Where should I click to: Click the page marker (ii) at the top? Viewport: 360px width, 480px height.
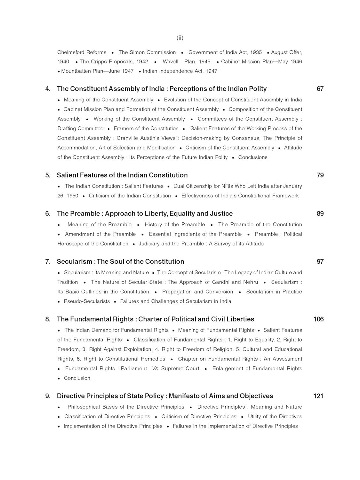(180, 38)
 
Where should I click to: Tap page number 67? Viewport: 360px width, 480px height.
(320, 89)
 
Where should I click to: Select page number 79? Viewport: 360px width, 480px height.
(320, 175)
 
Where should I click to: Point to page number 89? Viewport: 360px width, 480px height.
(320, 213)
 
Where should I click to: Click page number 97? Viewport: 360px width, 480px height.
(320, 261)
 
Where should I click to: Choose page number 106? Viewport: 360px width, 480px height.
(318, 319)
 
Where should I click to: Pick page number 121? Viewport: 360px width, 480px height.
(318, 396)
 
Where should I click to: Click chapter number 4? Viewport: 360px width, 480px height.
(48, 89)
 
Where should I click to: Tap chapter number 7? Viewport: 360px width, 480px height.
(48, 261)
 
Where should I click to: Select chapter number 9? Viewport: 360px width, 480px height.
(48, 396)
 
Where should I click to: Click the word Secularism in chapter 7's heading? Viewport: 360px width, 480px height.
(74, 261)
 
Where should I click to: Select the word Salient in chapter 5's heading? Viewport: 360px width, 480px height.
(67, 175)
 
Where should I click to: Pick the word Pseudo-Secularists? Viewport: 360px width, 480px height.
(87, 301)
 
